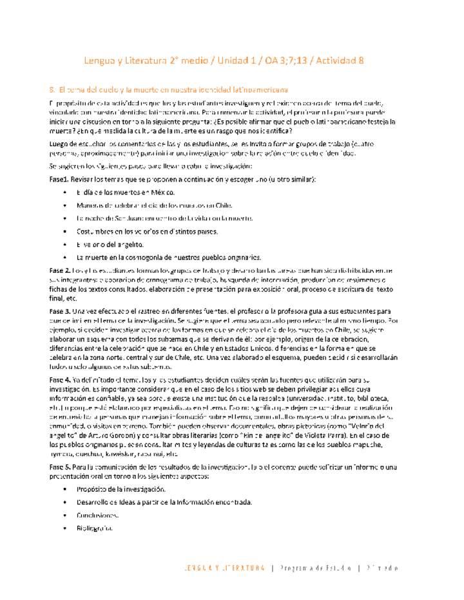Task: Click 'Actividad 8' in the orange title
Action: point(337,61)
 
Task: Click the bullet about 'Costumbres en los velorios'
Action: point(146,231)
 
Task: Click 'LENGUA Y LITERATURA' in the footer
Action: point(224,568)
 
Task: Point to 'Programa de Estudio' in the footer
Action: point(316,568)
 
